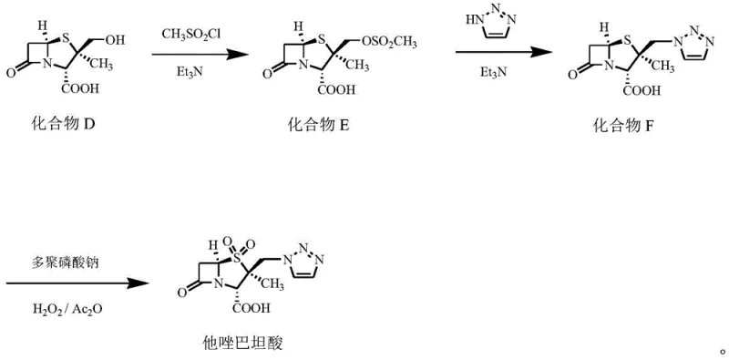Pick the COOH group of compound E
tap(335, 91)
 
